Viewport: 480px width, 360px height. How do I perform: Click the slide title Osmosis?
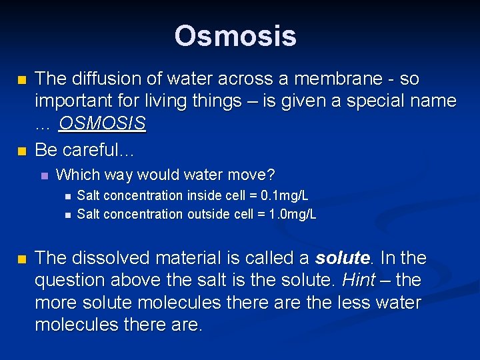235,36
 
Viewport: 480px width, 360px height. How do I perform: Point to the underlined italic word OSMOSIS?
102,124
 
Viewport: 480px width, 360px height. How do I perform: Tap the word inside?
202,196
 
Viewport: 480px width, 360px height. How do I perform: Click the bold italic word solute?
342,258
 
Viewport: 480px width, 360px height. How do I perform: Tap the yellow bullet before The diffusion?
21,80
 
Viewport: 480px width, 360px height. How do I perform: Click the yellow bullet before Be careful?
21,151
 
